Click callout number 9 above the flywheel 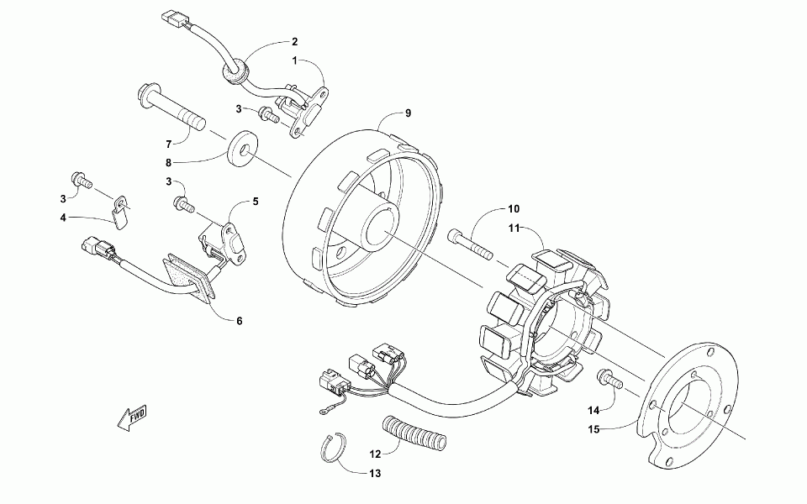click(x=408, y=113)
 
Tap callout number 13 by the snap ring click(x=374, y=474)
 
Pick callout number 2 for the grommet click(x=294, y=41)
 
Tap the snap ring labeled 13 click(x=336, y=449)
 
